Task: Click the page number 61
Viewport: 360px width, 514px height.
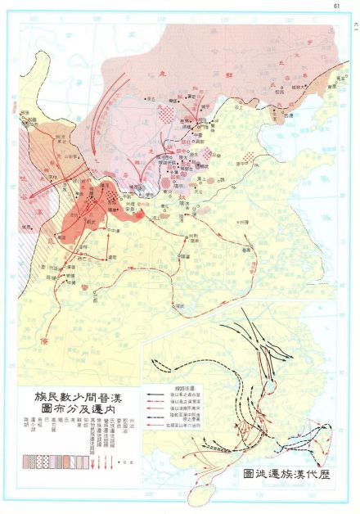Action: pos(335,7)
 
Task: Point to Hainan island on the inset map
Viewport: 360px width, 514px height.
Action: pos(199,495)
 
